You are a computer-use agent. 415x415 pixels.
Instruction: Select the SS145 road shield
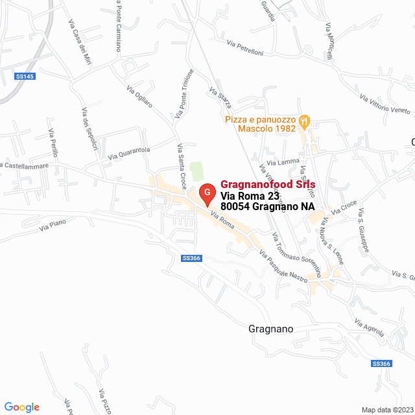[24, 77]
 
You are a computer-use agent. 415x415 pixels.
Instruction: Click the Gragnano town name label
[270, 329]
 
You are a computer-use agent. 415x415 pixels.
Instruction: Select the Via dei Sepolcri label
[89, 129]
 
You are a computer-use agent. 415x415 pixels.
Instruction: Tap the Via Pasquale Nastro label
[283, 267]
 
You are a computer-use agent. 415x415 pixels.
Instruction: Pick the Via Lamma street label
[287, 161]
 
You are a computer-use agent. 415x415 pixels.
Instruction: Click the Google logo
[21, 407]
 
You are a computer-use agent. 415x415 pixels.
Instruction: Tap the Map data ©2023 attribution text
[386, 410]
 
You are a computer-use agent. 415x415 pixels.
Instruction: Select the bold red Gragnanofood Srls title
[268, 184]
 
